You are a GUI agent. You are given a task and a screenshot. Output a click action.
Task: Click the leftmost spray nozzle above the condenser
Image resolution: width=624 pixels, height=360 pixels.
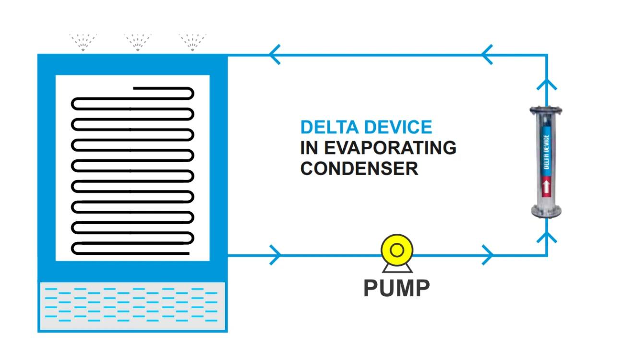pyautogui.click(x=83, y=42)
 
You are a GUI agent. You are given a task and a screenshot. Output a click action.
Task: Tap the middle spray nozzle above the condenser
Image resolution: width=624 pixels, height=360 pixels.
pyautogui.click(x=138, y=42)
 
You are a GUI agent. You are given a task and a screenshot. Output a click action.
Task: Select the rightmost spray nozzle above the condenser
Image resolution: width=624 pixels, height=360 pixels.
pyautogui.click(x=192, y=42)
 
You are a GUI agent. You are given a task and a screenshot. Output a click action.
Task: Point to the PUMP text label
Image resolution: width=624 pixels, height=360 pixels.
pyautogui.click(x=396, y=288)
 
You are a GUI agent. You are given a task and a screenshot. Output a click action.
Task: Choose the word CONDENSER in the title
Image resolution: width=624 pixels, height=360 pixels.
pyautogui.click(x=359, y=169)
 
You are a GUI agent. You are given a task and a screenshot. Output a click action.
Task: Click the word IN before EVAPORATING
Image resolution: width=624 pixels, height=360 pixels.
pyautogui.click(x=310, y=148)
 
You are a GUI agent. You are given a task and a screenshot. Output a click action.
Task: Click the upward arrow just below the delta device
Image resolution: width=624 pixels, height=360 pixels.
pyautogui.click(x=546, y=237)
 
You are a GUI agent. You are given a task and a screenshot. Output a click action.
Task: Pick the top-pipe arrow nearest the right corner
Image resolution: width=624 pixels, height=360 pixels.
pyautogui.click(x=487, y=54)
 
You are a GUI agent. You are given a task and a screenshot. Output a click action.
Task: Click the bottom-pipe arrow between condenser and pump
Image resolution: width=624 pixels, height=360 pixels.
pyautogui.click(x=275, y=255)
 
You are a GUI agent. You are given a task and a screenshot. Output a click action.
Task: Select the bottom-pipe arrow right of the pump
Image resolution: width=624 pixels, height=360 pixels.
pyautogui.click(x=487, y=255)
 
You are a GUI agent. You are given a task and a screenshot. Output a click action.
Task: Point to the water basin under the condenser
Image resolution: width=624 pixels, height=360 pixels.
pyautogui.click(x=132, y=306)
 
